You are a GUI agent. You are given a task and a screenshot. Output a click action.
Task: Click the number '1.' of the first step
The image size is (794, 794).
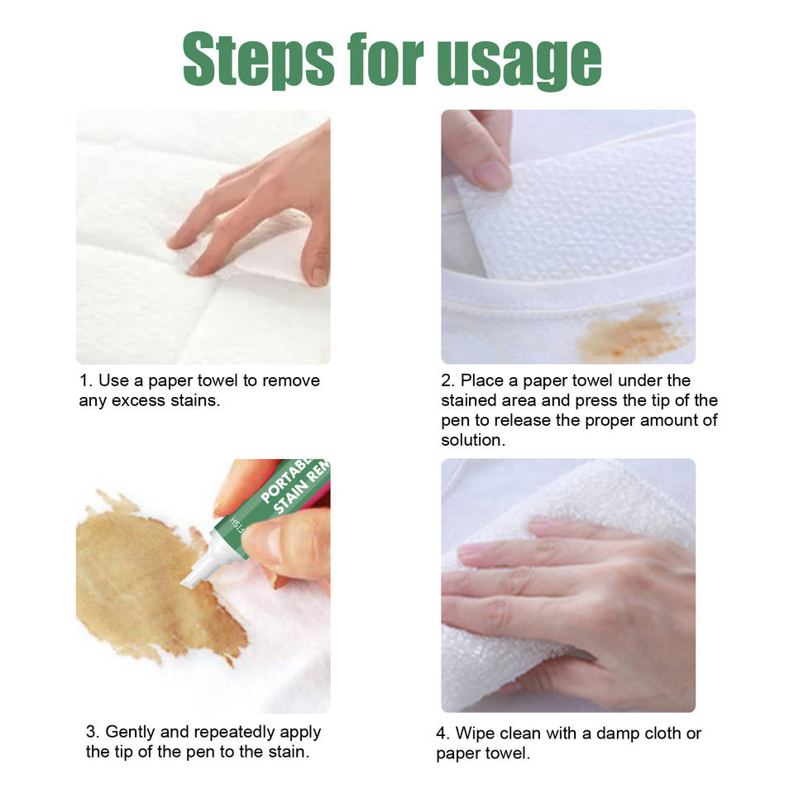[x=86, y=380]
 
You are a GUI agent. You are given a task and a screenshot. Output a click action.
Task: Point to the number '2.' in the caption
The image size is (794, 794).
[x=448, y=380]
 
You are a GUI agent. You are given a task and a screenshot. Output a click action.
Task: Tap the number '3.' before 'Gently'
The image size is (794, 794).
[x=93, y=732]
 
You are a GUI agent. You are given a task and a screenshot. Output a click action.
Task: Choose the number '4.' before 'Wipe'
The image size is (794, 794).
[x=443, y=734]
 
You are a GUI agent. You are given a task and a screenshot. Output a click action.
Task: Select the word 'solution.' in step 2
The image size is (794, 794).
[x=473, y=440]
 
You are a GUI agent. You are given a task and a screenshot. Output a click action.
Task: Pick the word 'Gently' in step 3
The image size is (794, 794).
[x=130, y=733]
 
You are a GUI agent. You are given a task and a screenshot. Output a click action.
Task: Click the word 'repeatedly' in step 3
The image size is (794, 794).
[x=234, y=733]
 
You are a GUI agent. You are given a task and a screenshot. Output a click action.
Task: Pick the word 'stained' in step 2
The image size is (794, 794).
[x=469, y=400]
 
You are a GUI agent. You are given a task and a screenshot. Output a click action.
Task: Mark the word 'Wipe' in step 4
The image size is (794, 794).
[x=473, y=734]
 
